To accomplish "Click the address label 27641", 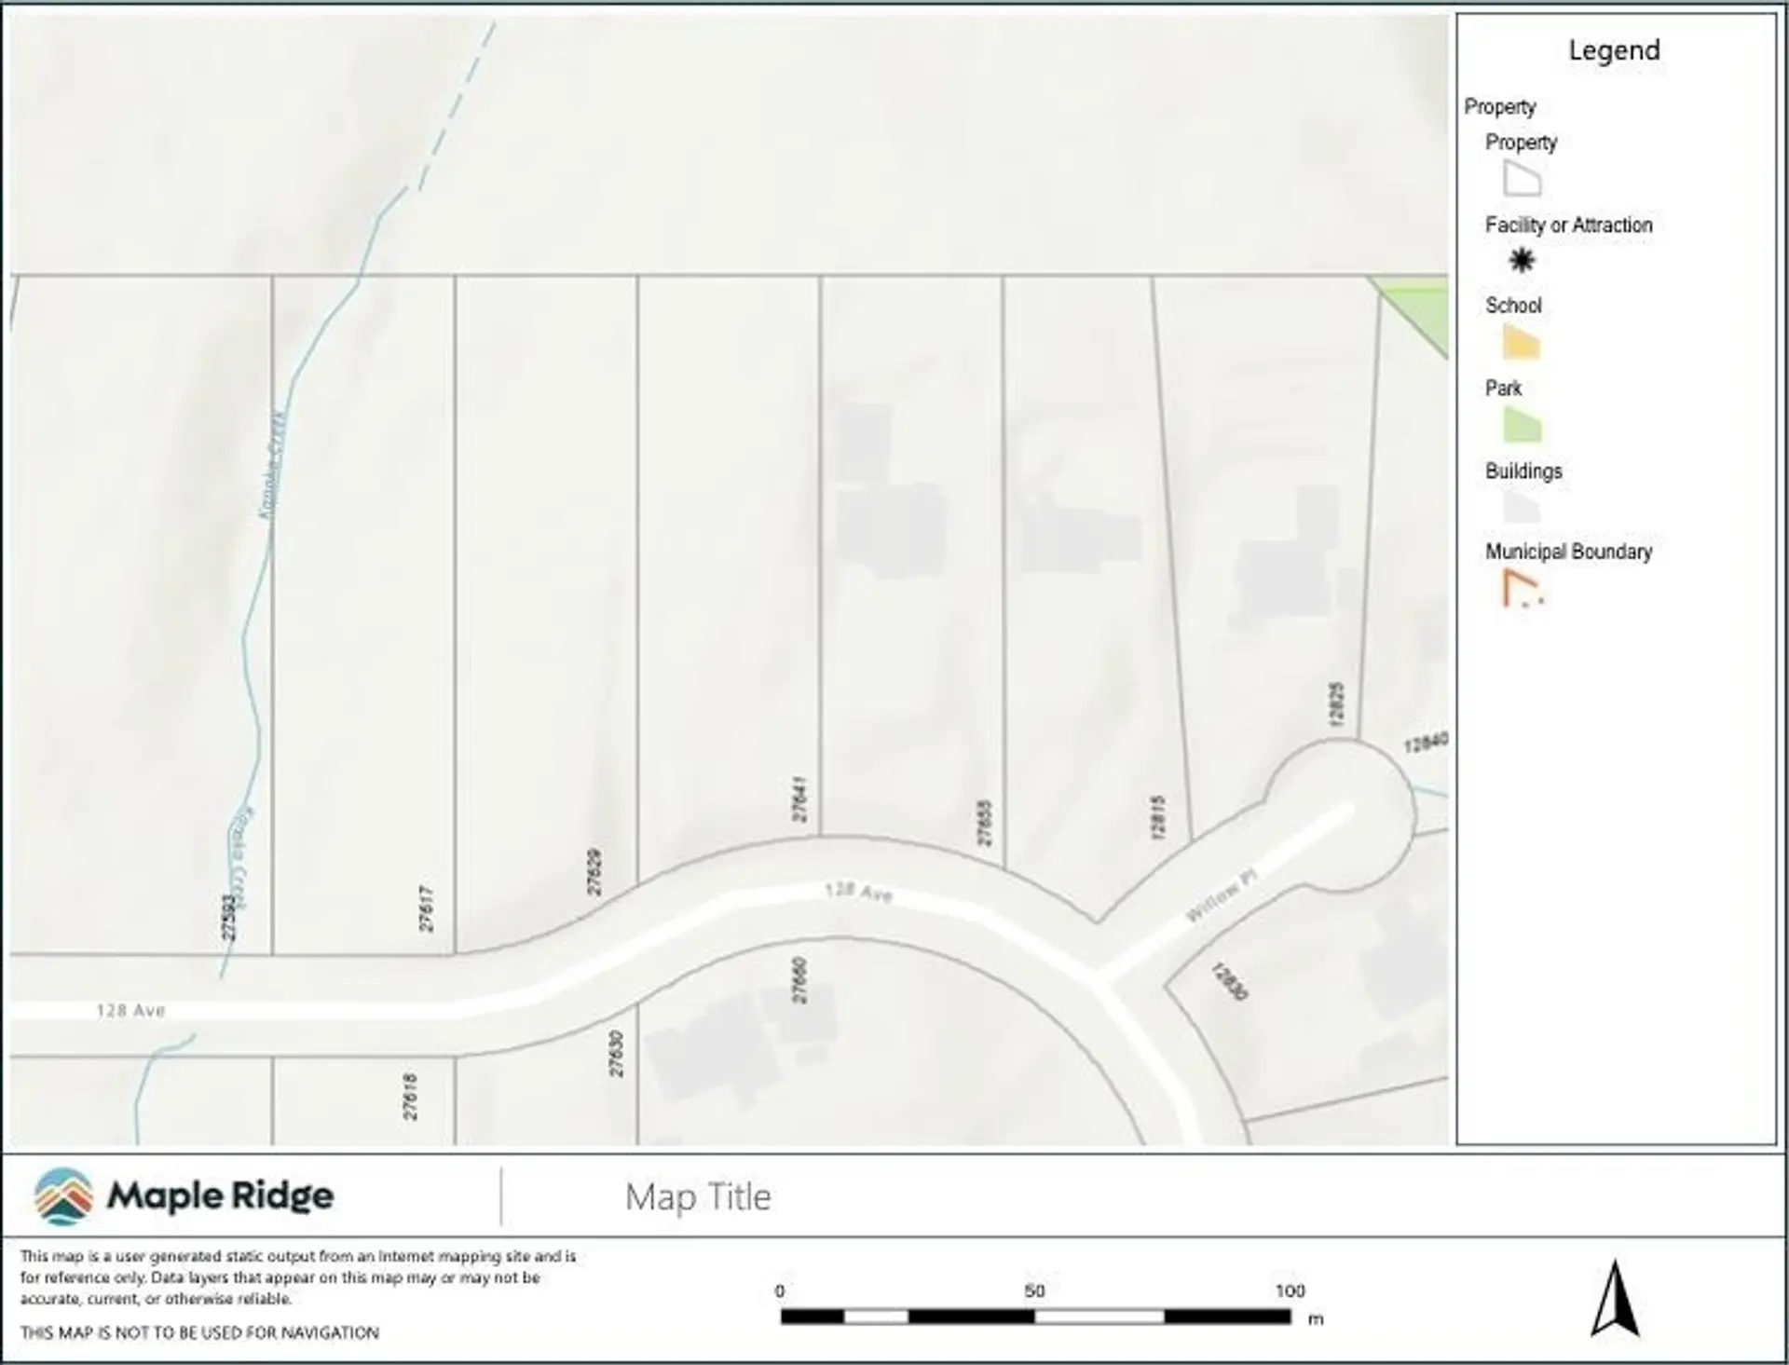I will (x=799, y=799).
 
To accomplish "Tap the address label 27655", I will (x=984, y=823).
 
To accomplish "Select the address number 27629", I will (x=594, y=872).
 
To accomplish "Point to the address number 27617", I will (x=426, y=908).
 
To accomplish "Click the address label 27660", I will (x=799, y=980).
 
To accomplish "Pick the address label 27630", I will (x=616, y=1054).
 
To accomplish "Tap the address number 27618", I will (x=410, y=1097).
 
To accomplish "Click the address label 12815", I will (x=1157, y=817).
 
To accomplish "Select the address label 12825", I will (x=1336, y=705).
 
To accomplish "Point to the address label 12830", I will (x=1229, y=982).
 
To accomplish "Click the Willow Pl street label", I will (x=1221, y=895).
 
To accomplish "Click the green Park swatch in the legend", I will (x=1522, y=426).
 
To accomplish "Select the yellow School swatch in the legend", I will (x=1521, y=343).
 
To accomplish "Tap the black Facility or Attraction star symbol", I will (x=1522, y=260).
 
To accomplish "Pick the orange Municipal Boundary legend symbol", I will (x=1522, y=590).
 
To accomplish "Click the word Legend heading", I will (x=1614, y=50).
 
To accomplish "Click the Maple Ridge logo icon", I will (x=63, y=1195).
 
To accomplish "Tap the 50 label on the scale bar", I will (x=1034, y=1291).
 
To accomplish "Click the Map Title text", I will (x=698, y=1197).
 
